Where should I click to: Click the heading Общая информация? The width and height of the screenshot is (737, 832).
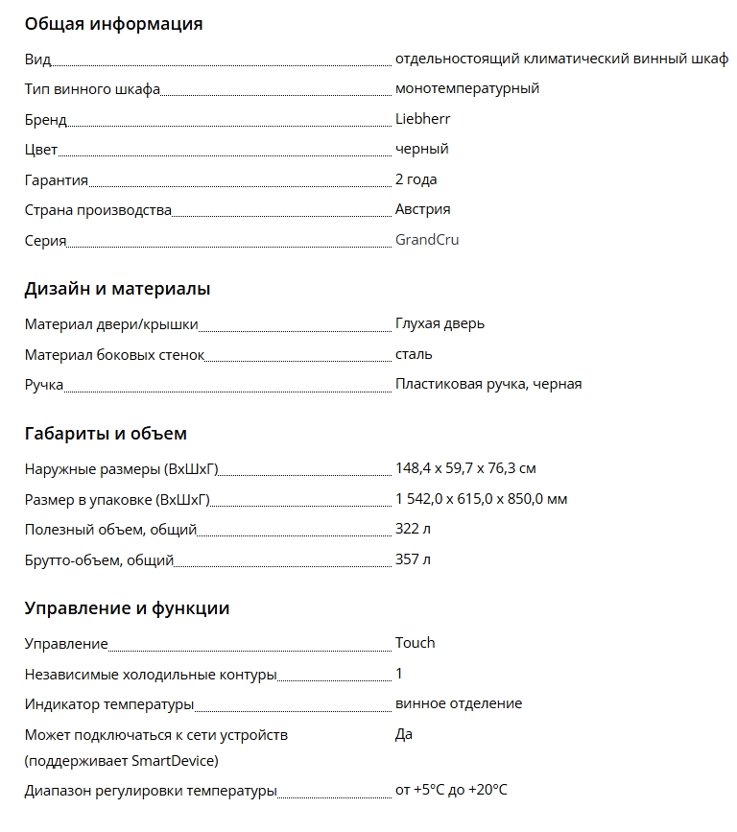tap(113, 24)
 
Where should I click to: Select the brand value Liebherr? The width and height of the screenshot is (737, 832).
tap(422, 119)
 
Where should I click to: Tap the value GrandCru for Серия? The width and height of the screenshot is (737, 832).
tap(427, 240)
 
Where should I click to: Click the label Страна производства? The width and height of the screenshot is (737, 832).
tap(98, 210)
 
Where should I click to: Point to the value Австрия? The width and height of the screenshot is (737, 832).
tap(422, 209)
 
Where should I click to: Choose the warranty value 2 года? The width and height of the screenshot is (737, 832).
tap(416, 179)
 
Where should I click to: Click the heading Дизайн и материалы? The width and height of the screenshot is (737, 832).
tap(117, 289)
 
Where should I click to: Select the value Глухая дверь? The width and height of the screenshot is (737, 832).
tap(440, 323)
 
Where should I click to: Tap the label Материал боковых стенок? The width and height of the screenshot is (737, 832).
tap(114, 355)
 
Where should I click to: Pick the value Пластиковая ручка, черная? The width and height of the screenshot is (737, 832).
tap(488, 384)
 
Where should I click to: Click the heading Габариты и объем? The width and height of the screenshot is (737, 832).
tap(106, 434)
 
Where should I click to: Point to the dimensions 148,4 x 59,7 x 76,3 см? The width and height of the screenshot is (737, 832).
tap(465, 469)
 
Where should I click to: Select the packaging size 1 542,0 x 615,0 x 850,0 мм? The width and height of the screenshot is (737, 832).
tap(481, 499)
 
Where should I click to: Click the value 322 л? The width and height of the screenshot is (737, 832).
tap(413, 530)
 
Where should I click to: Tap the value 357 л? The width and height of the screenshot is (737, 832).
tap(413, 559)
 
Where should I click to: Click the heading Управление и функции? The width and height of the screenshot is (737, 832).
tap(127, 608)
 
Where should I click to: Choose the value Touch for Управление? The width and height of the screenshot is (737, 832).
tap(415, 643)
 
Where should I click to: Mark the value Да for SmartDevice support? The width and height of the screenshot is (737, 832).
tap(404, 734)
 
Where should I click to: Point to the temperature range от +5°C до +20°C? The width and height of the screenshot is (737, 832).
tap(451, 791)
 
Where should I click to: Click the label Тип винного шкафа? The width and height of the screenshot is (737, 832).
tap(92, 89)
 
